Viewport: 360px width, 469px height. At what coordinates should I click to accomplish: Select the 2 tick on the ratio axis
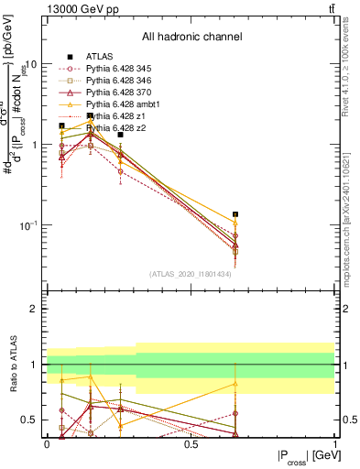(x=34, y=309)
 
